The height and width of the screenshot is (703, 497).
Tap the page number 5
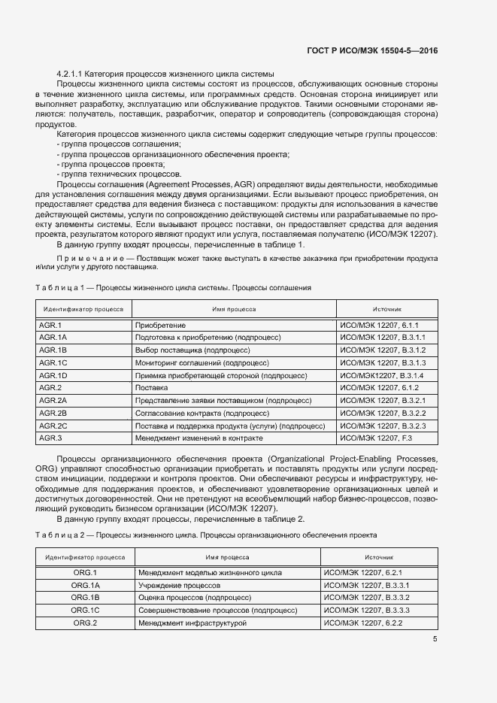435,639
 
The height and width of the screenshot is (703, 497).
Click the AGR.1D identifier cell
53,375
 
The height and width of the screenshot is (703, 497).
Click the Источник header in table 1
387,309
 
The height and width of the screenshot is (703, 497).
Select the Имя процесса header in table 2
228,557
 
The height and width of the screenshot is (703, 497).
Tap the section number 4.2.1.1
71,73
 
